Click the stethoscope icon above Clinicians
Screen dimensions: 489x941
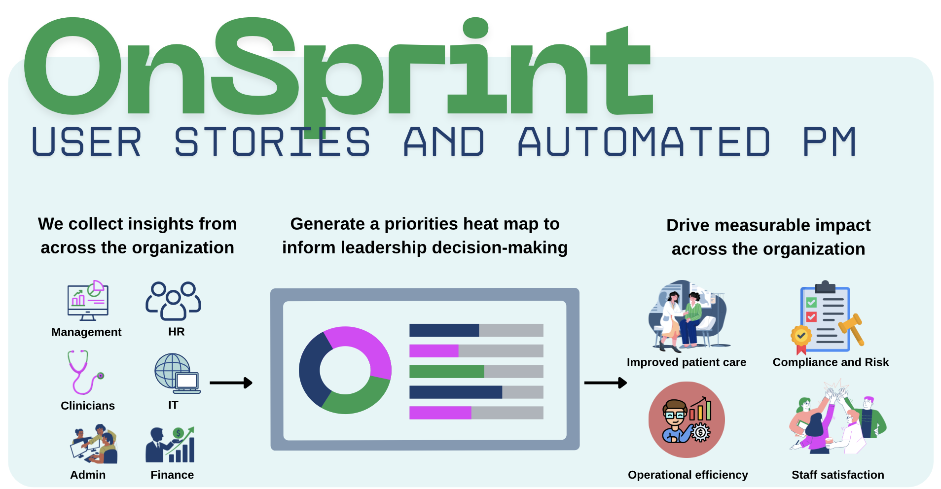tap(83, 372)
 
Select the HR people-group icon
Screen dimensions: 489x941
tap(173, 300)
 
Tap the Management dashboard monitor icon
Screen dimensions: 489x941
tap(88, 301)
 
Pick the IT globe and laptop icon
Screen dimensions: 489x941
tap(177, 373)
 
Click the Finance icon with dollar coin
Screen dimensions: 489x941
tap(171, 445)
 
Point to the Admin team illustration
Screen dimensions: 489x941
tap(94, 444)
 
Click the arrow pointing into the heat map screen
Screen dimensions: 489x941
tap(231, 383)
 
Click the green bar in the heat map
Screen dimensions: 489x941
tap(446, 372)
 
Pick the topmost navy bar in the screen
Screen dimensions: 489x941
tap(444, 330)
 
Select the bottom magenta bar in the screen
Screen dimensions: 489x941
tap(440, 413)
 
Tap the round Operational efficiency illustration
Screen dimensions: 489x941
tap(687, 419)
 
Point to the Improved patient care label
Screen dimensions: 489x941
tap(686, 362)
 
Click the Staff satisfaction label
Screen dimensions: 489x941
tap(837, 475)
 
